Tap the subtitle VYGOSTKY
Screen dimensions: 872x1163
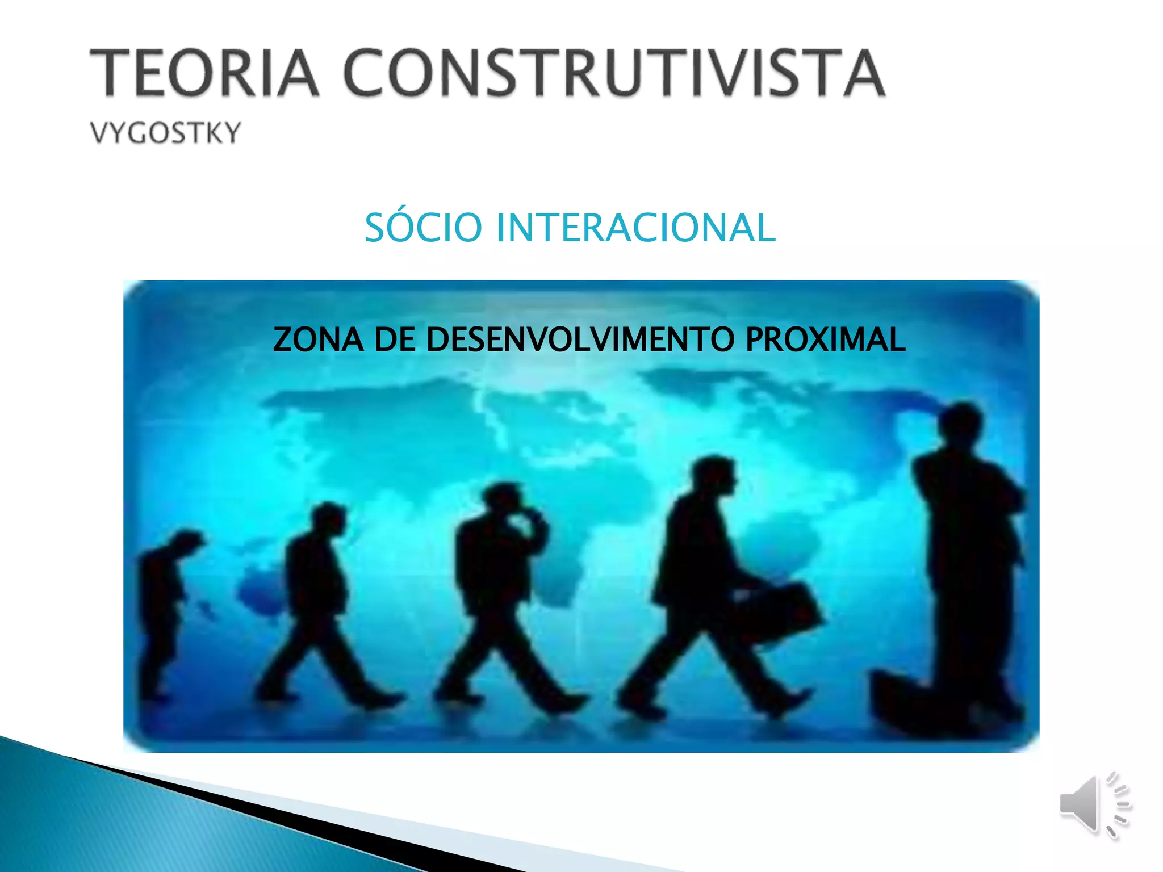point(166,133)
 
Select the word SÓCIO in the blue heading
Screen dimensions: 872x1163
point(423,228)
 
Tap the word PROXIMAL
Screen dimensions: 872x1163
point(825,339)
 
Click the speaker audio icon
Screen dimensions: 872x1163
point(1093,806)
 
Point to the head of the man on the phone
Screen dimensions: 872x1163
point(503,500)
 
